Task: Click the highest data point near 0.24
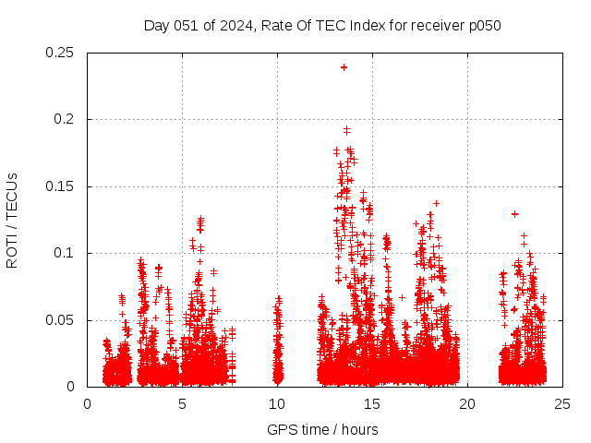tap(344, 66)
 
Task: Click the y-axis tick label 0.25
tap(61, 53)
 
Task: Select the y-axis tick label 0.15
tap(61, 186)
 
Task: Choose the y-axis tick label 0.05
tap(61, 320)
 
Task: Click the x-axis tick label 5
tap(182, 403)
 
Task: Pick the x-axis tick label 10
tap(277, 403)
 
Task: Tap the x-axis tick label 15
tap(372, 403)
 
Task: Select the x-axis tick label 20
tap(467, 403)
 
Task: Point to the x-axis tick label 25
tap(562, 403)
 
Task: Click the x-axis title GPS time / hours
tap(322, 429)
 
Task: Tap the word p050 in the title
tap(485, 25)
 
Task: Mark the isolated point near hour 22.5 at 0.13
tap(514, 213)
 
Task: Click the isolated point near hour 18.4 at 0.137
tap(436, 203)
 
